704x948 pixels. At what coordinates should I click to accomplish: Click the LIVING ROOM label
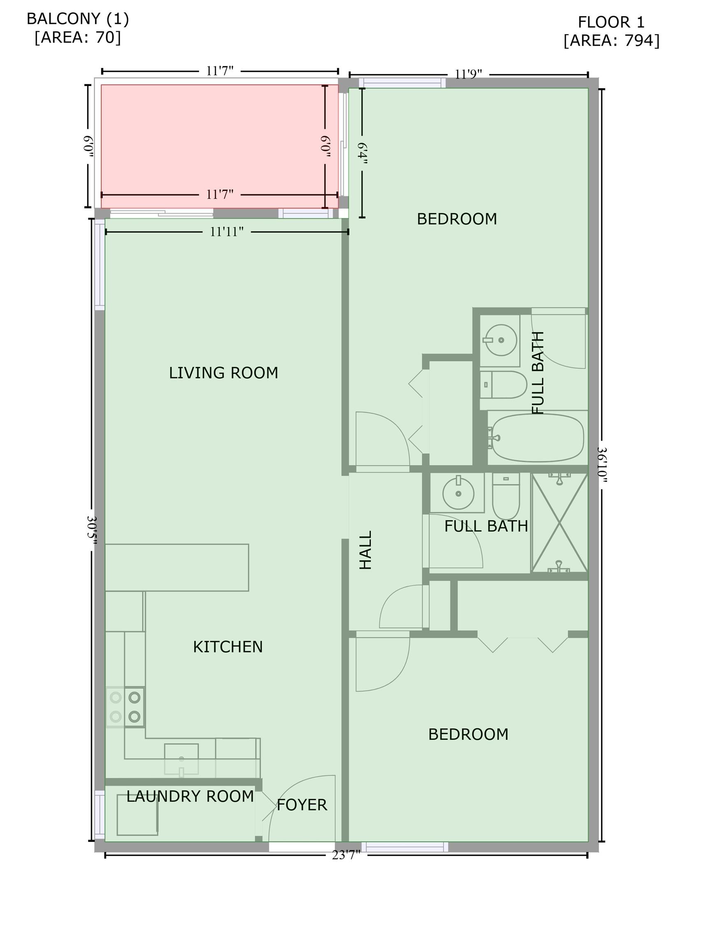point(223,373)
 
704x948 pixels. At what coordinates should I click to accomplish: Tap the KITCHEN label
point(228,647)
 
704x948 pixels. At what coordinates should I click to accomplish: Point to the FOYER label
point(302,805)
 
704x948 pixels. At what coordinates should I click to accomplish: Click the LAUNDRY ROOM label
point(190,796)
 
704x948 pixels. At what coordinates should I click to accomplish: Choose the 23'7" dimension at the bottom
point(346,855)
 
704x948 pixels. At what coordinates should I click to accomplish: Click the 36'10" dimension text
point(602,465)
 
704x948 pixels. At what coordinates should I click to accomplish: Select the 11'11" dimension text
point(227,232)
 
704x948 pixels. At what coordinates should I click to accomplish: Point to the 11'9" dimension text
point(468,74)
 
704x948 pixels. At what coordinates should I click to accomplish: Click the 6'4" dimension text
point(362,153)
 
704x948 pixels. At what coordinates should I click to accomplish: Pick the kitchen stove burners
point(125,707)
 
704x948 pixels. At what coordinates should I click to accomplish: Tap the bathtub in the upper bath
point(537,437)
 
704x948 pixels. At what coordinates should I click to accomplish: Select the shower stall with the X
point(560,523)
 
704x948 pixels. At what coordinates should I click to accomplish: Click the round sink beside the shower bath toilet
point(458,493)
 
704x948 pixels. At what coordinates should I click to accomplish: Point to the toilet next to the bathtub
point(504,384)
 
